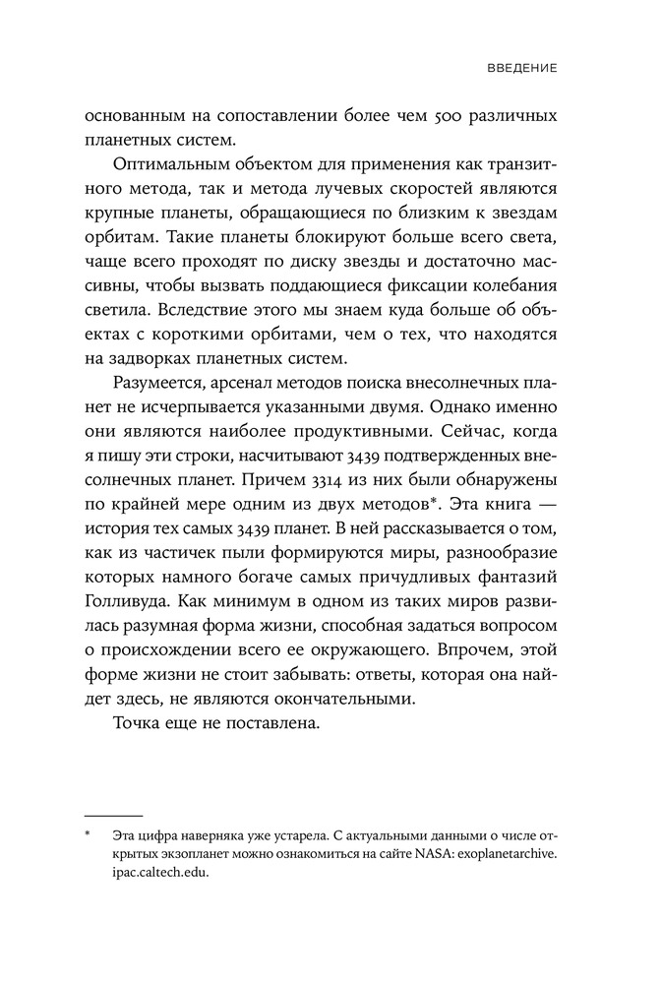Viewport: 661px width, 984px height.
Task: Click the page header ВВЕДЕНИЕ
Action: pyautogui.click(x=523, y=70)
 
